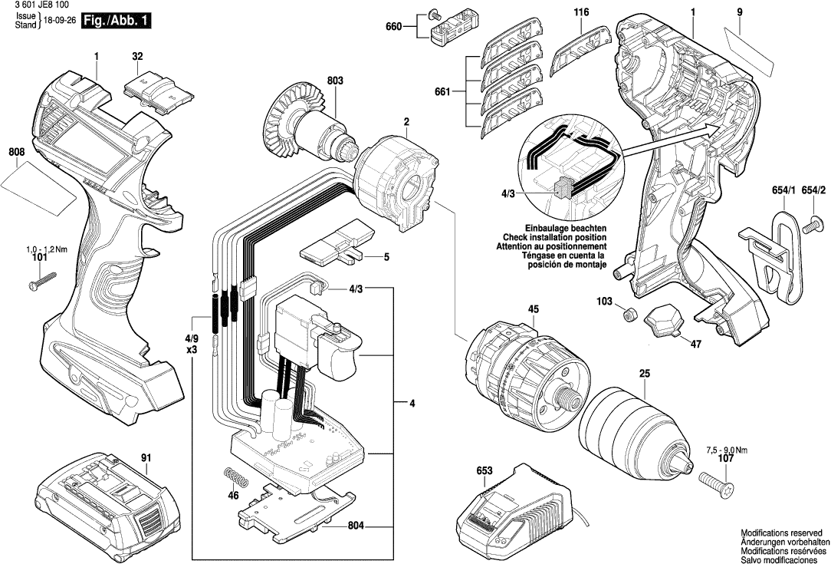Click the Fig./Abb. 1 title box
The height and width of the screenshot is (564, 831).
(115, 21)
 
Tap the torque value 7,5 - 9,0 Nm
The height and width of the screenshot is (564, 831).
(724, 450)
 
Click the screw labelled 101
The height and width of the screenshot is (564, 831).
(44, 281)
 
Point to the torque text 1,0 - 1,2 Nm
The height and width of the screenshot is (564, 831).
(47, 250)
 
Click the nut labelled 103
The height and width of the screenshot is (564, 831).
(629, 314)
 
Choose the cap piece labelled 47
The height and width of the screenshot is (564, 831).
(664, 320)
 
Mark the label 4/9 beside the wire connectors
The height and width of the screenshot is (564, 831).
(192, 338)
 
